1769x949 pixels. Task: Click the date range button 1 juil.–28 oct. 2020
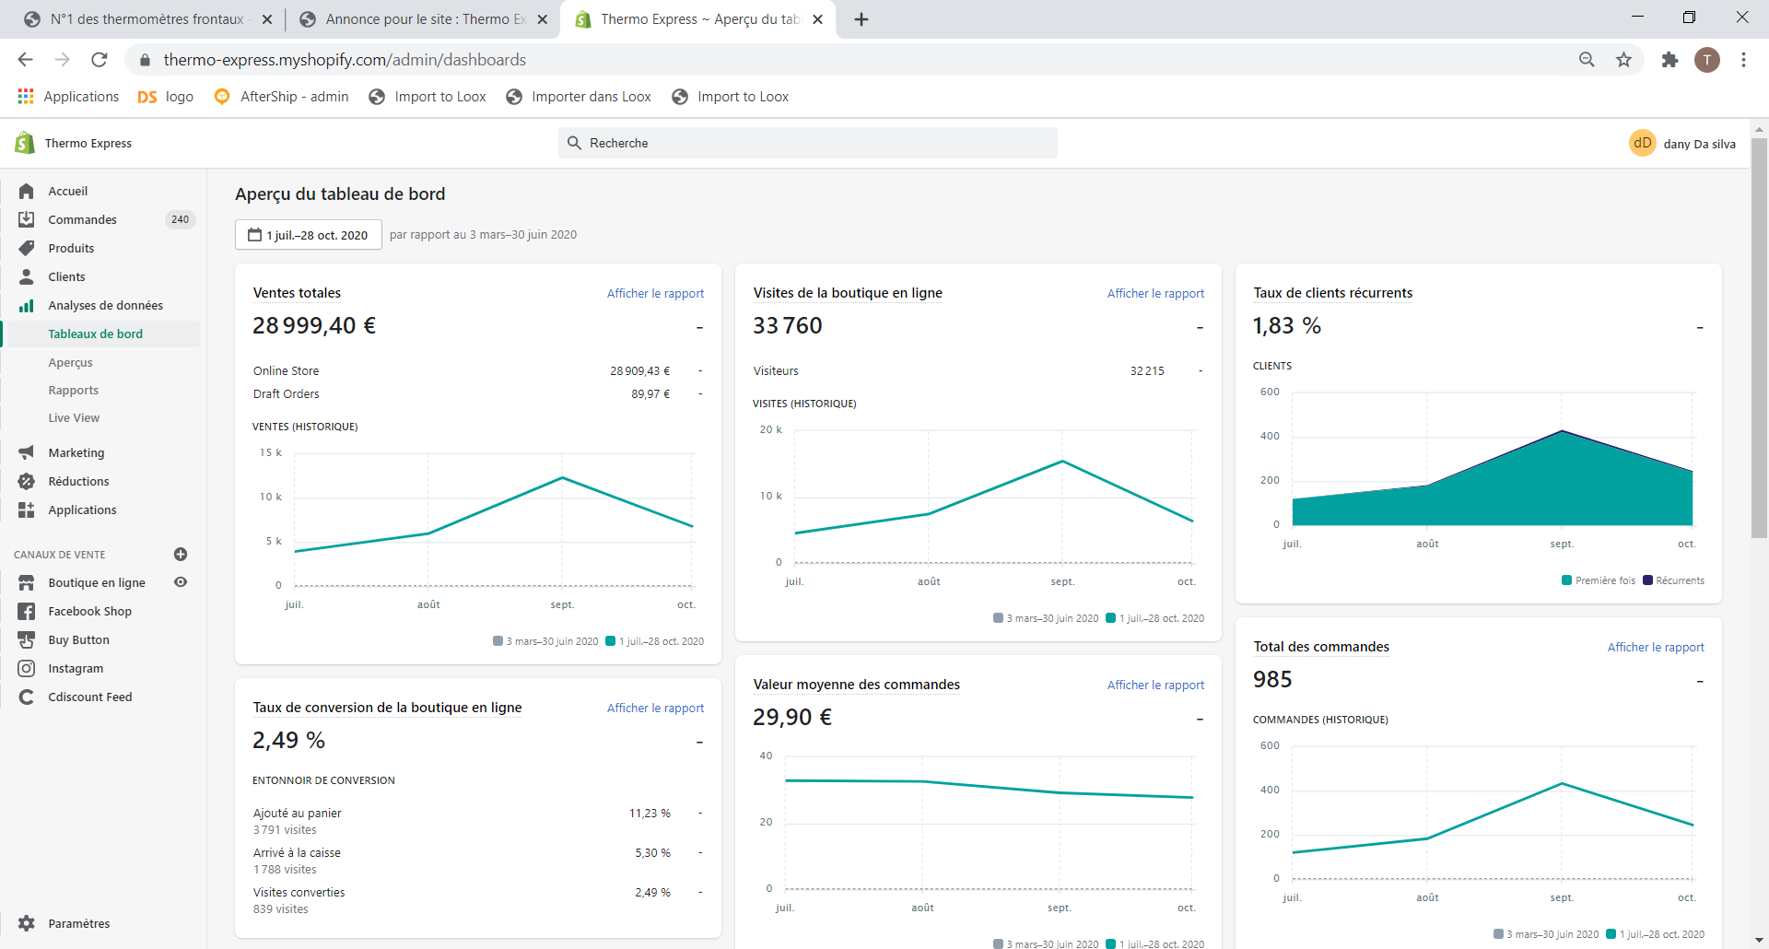tap(309, 235)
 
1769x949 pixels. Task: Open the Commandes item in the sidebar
tap(82, 219)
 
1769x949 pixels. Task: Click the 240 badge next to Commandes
tap(181, 219)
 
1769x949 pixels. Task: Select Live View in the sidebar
tap(74, 418)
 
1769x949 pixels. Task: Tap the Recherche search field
tap(808, 143)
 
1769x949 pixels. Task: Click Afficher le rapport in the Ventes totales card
tap(655, 293)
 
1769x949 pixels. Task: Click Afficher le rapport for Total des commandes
tap(1656, 647)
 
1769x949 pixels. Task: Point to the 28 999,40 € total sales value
tap(314, 326)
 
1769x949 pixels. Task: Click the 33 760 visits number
tap(788, 326)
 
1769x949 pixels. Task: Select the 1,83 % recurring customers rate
tap(1287, 326)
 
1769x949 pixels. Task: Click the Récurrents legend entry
tap(1674, 580)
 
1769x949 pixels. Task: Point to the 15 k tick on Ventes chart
tap(271, 452)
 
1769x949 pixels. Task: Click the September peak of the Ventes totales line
tap(562, 477)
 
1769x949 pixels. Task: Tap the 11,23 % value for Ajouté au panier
tap(650, 814)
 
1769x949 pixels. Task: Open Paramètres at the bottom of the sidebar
tap(78, 923)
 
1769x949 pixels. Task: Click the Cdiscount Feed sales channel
tap(90, 697)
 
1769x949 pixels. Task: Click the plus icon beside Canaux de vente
tap(181, 555)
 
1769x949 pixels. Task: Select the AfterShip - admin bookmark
tap(282, 97)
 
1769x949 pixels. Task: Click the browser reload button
tap(100, 60)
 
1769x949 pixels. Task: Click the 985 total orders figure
tap(1272, 680)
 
